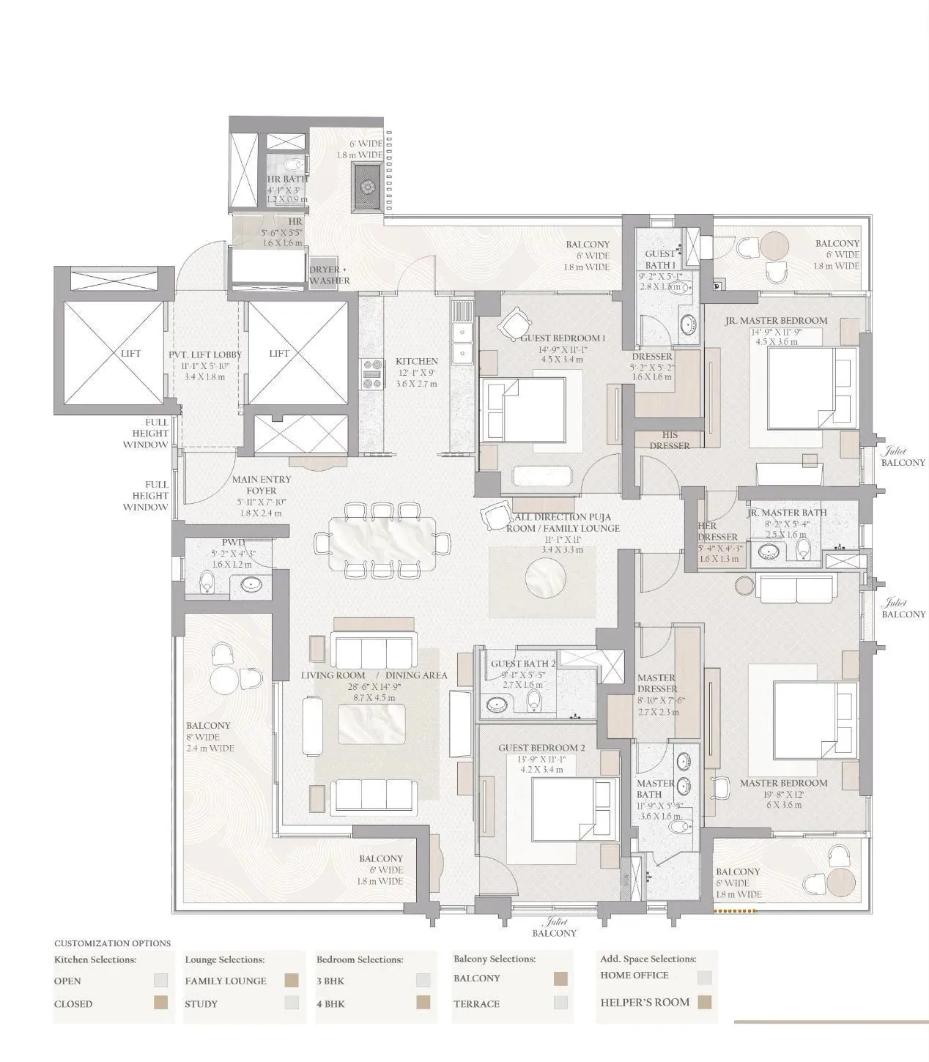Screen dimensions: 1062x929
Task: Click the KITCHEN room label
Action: click(416, 361)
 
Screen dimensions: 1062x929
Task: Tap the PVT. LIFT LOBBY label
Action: click(205, 354)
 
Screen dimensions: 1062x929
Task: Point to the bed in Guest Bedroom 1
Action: click(522, 408)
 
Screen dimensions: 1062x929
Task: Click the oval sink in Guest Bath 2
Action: click(500, 705)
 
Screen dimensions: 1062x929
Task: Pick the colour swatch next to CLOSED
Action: click(160, 1003)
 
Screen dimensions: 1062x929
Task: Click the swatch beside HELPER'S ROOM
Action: click(705, 1002)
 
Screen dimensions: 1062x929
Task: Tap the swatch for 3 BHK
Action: click(423, 980)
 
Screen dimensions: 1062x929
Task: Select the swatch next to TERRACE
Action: click(561, 1003)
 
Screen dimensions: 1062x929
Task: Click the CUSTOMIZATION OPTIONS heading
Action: click(112, 943)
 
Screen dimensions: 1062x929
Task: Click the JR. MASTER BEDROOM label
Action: click(776, 320)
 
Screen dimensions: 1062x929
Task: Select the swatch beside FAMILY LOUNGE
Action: click(292, 980)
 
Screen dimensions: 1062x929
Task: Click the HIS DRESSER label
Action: click(670, 440)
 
